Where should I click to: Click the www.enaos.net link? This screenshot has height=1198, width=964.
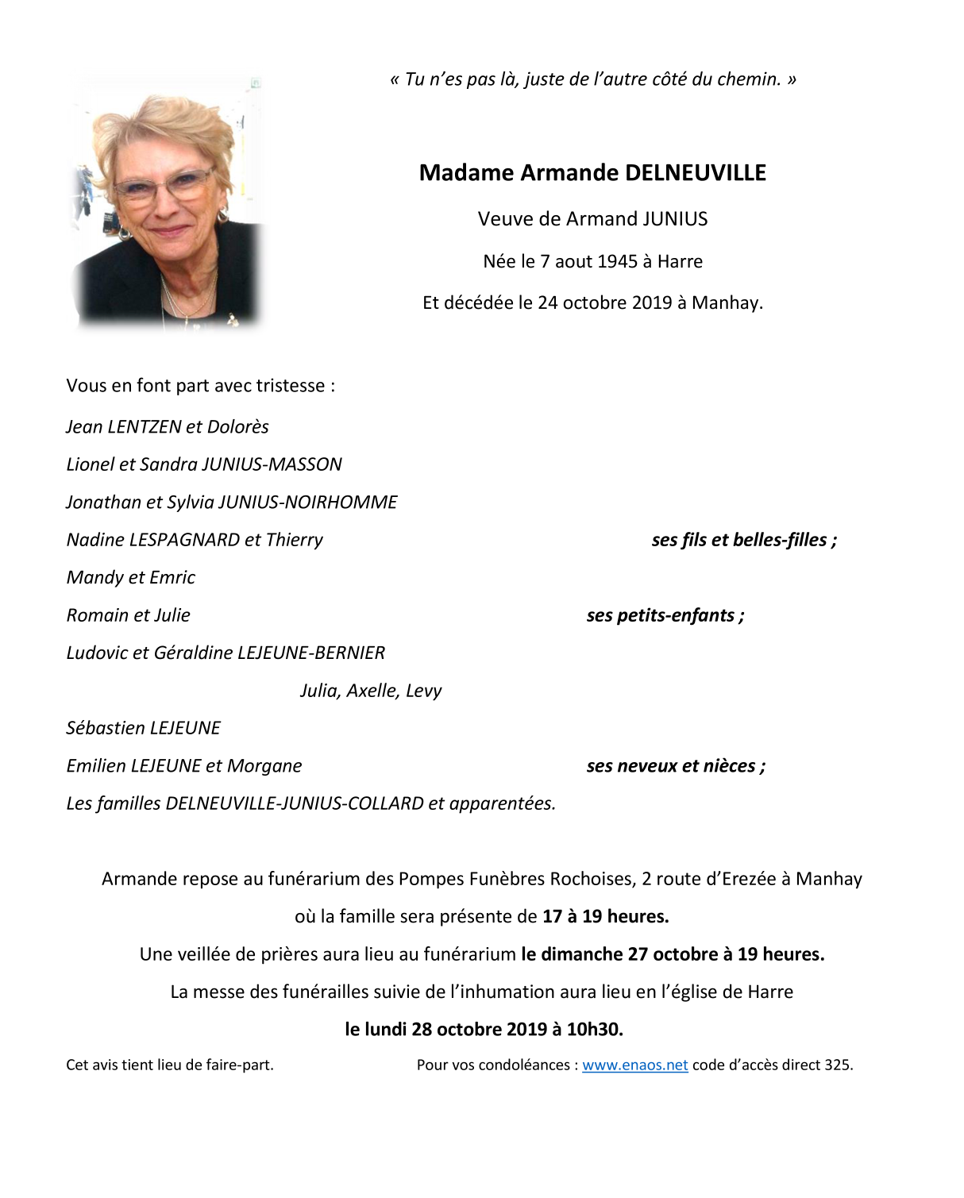point(634,1065)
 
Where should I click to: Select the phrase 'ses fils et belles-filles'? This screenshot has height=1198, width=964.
point(743,541)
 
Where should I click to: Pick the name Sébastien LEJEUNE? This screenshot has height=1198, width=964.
point(143,728)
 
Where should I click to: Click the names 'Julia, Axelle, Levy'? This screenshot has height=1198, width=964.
point(371,691)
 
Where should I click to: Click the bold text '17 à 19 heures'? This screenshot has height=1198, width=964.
point(605,917)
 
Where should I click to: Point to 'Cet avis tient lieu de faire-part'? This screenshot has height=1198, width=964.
point(169,1065)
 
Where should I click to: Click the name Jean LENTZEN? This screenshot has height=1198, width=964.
point(123,427)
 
